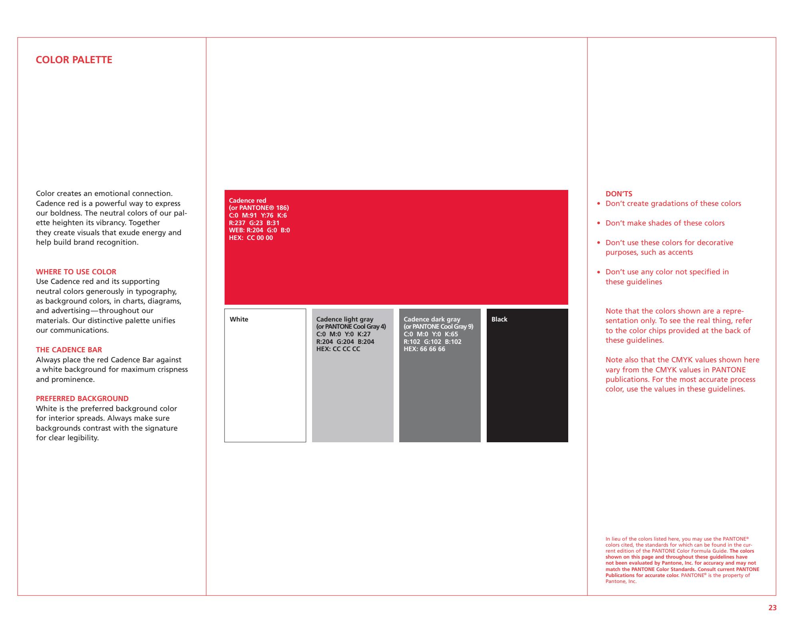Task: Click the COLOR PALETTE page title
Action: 74,60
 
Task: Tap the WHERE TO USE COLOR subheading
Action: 76,272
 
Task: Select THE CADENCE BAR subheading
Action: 69,350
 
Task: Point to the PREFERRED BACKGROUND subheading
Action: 82,399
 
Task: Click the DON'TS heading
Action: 619,194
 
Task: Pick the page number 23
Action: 772,608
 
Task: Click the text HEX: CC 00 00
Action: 251,238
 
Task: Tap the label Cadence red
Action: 247,201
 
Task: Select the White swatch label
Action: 239,319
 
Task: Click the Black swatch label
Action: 499,319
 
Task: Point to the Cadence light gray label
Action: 344,319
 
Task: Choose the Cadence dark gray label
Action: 432,319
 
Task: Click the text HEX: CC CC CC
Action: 338,349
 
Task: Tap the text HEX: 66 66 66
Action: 424,349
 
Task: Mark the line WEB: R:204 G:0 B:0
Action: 259,230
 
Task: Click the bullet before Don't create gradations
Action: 599,204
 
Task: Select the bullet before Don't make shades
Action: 599,224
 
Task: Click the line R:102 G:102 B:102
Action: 432,342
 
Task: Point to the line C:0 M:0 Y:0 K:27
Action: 343,334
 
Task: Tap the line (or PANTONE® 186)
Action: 259,208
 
